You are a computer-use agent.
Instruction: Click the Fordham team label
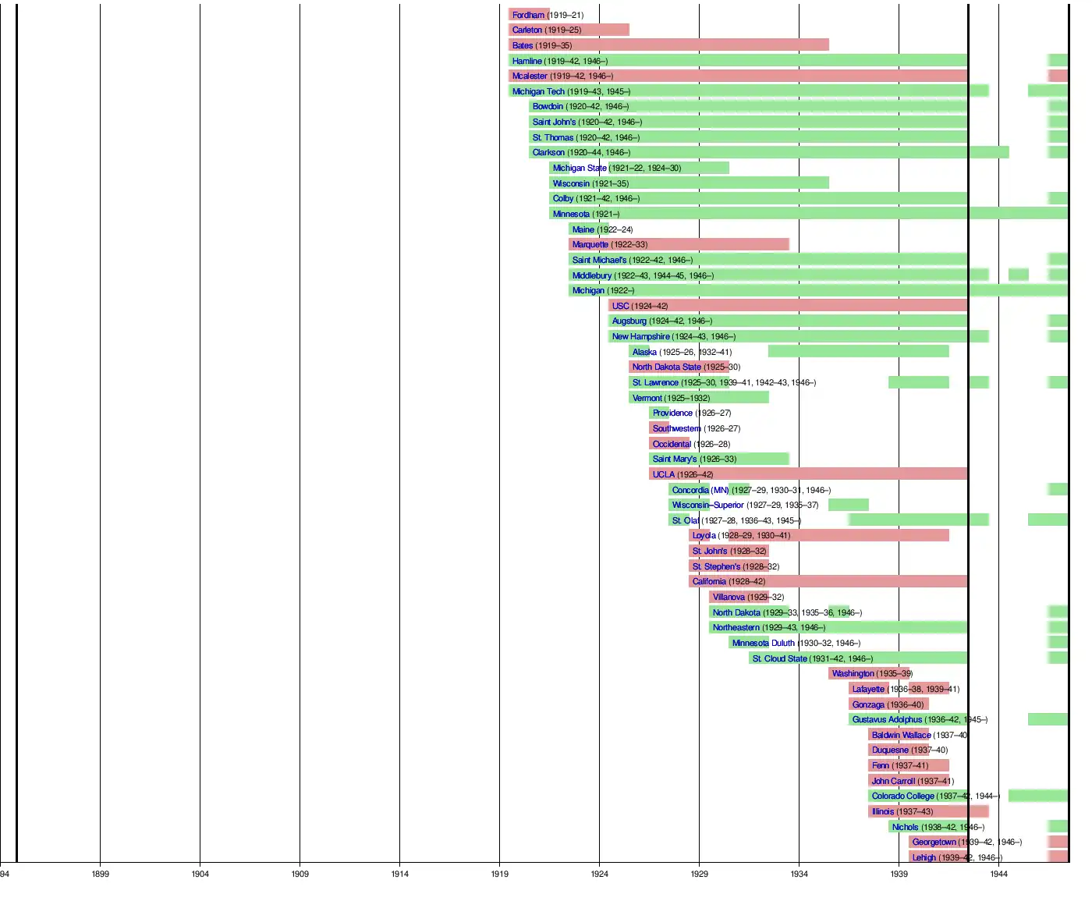pos(528,15)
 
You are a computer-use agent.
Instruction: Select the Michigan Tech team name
pos(538,91)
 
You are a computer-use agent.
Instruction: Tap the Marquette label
pos(590,244)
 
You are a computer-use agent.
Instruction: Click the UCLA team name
pos(663,474)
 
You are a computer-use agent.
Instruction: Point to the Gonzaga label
pos(868,704)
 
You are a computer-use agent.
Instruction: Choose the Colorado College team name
pos(902,796)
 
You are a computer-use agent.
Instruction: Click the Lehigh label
pos(924,857)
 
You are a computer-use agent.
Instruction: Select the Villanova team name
pos(729,597)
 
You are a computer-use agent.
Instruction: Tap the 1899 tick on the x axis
pos(100,874)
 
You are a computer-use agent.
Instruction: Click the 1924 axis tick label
pos(599,874)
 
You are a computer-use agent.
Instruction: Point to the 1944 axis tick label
pos(998,874)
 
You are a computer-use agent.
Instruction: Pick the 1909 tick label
pos(300,874)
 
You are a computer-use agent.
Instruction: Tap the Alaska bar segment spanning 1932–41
pos(858,352)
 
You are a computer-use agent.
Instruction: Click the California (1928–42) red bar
pos(858,581)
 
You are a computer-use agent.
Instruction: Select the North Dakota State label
pos(666,367)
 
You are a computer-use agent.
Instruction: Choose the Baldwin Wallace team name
pos(901,735)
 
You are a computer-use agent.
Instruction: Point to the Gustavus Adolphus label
pos(887,719)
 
